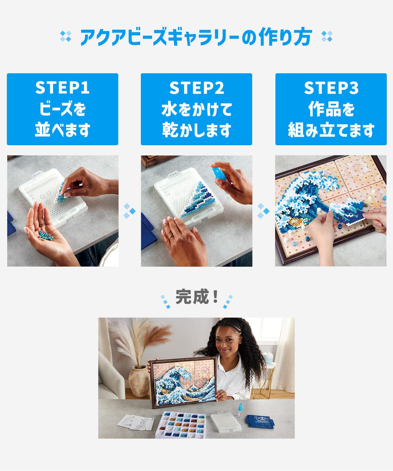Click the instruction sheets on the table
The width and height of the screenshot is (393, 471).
[136, 422]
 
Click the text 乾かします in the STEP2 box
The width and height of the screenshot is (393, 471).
[196, 130]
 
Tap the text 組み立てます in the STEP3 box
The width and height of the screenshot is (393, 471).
[331, 130]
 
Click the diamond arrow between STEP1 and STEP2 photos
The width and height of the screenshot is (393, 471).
[129, 211]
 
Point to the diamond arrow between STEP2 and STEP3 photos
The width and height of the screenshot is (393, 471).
[264, 211]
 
